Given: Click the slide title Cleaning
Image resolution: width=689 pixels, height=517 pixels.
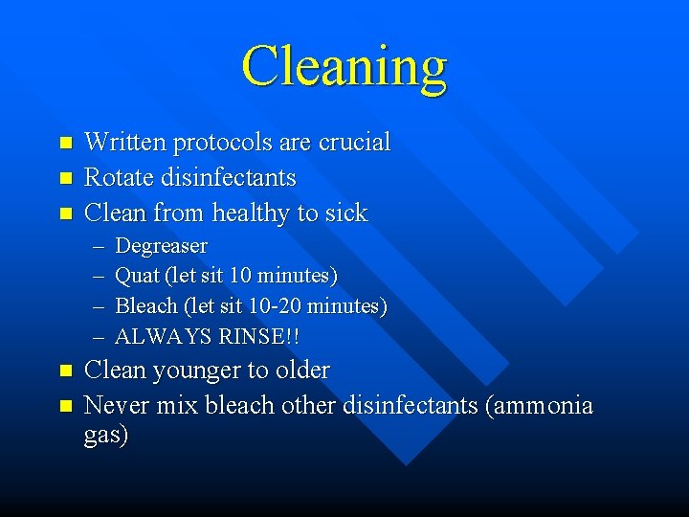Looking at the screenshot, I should tap(344, 67).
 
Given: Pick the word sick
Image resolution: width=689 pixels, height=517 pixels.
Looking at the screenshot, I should tap(345, 213).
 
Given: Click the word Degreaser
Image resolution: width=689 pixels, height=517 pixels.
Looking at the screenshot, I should tap(161, 246).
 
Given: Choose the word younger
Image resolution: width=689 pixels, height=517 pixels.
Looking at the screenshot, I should tap(196, 371).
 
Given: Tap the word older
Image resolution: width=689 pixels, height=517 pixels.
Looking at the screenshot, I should tap(299, 371).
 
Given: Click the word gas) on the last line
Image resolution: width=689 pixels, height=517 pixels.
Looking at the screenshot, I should tap(106, 437).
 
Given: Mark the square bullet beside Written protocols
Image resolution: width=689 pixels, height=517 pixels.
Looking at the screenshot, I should tap(65, 143).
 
